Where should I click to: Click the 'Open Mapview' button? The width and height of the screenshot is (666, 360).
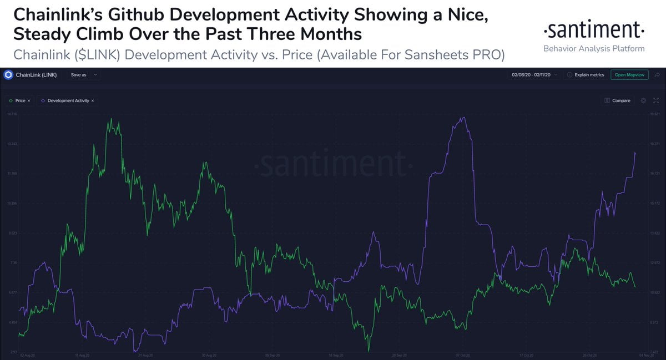coord(629,74)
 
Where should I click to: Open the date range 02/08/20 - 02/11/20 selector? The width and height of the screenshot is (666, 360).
coord(534,74)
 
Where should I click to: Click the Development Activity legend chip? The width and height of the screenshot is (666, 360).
coord(67,101)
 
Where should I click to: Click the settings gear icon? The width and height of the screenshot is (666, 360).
coord(643,101)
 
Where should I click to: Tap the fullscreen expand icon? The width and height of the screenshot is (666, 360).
coord(656,101)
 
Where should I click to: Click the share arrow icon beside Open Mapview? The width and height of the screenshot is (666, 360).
coord(657,74)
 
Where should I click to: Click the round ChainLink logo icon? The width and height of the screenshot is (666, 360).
coord(8,74)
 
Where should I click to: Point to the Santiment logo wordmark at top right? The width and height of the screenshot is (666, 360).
coord(593,29)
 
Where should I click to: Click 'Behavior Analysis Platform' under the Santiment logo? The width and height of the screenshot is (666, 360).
coord(594,49)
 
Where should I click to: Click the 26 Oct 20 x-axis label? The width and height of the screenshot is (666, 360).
coord(588,354)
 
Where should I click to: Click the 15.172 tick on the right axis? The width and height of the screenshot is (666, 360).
coord(653,203)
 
